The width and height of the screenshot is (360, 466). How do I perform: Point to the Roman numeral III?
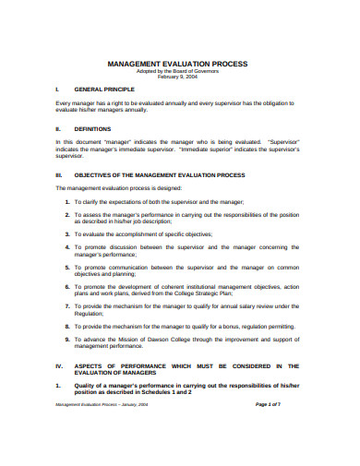point(59,174)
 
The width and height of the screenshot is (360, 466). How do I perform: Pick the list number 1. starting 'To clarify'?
point(67,200)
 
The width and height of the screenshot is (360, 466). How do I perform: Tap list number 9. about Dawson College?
point(67,341)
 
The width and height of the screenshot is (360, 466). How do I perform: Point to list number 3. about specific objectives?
point(67,235)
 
